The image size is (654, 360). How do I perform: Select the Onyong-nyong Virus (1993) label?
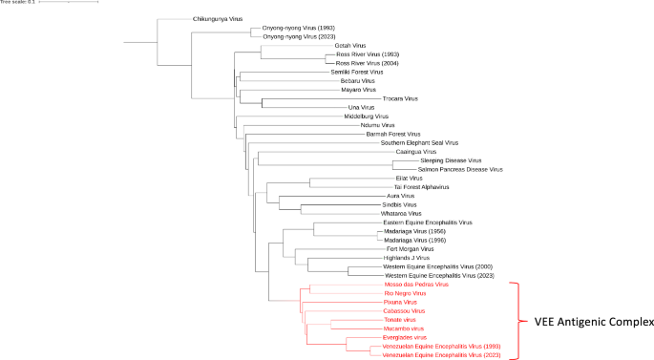298,28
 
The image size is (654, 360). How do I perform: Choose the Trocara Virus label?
400,98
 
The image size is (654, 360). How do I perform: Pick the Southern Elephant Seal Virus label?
419,142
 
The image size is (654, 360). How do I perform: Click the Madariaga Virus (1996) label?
408,240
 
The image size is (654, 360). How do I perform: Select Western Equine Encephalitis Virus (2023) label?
444,275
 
